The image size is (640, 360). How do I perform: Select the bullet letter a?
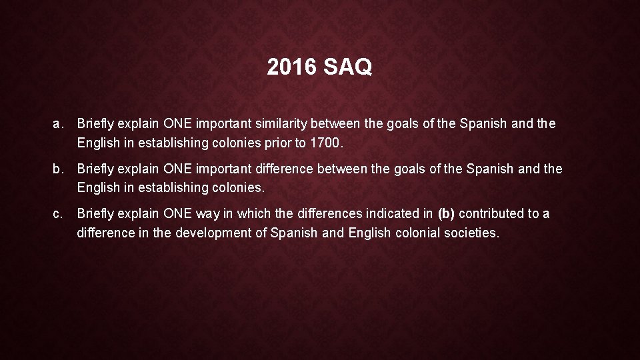coord(57,124)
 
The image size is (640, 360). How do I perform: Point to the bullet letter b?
coord(57,169)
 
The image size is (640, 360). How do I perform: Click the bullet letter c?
coord(57,214)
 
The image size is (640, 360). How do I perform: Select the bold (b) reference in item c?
coord(446,214)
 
